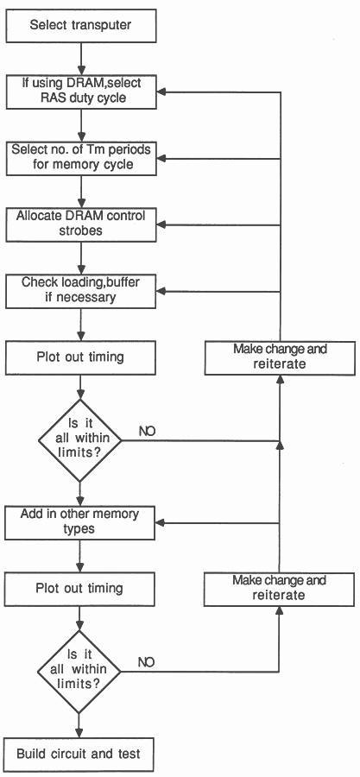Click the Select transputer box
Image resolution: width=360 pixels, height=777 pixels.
click(80, 25)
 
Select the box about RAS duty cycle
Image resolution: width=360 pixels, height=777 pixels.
click(80, 92)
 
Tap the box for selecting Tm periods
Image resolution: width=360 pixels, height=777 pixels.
click(80, 158)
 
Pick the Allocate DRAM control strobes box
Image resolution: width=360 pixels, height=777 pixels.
click(80, 224)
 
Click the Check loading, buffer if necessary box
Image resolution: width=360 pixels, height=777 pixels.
click(80, 291)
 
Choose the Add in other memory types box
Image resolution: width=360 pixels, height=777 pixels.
click(79, 522)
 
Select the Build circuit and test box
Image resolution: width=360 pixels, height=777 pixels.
click(79, 755)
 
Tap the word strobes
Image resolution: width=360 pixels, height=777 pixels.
click(80, 231)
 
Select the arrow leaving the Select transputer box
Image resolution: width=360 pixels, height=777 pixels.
click(80, 59)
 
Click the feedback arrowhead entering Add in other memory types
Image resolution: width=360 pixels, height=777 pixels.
click(161, 523)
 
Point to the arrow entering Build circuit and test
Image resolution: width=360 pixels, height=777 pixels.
click(79, 726)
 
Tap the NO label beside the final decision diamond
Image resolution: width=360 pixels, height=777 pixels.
click(146, 662)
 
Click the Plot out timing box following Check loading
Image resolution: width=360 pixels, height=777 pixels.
click(79, 357)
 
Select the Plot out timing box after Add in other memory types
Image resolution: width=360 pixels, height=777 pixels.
click(79, 589)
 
